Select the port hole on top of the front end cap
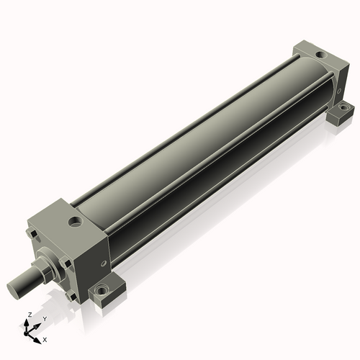point(76,221)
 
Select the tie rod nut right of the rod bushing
point(66,263)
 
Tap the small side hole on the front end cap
point(104,264)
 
